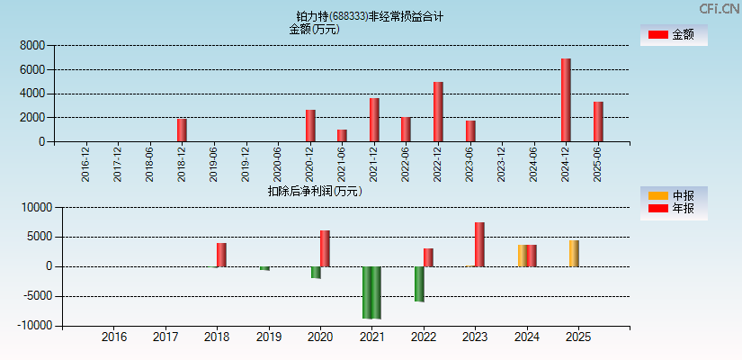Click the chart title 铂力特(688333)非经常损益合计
370,16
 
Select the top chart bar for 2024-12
566,100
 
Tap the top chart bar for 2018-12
182,130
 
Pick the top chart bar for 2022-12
438,112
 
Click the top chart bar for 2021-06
342,135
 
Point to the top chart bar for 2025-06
598,121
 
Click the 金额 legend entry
674,34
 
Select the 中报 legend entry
674,195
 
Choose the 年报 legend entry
674,209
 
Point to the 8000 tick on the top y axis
32,45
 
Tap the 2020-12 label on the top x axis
309,164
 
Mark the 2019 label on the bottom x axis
269,337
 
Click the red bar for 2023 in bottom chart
479,244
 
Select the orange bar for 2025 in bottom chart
574,253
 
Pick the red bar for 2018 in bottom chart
221,255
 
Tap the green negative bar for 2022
419,283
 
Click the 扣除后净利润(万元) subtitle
314,191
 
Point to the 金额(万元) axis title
314,29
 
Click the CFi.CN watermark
720,9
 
